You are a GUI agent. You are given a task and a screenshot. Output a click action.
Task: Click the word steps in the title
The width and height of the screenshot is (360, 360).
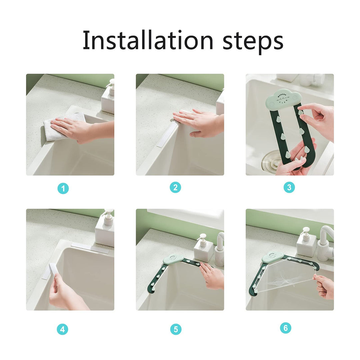click(x=253, y=42)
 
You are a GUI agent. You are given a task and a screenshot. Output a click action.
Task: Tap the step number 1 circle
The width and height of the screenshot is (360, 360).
click(x=63, y=189)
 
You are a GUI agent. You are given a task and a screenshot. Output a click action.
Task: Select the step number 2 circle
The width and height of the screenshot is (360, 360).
click(x=175, y=188)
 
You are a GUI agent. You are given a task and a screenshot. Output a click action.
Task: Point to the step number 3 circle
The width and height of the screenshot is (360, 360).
click(x=289, y=188)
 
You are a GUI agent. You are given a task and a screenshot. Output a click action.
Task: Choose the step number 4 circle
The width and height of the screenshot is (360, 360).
click(x=62, y=330)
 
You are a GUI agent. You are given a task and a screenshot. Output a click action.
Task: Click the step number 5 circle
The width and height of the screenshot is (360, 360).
click(x=176, y=330)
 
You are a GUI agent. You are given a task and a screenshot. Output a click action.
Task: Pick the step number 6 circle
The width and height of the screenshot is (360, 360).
click(x=285, y=328)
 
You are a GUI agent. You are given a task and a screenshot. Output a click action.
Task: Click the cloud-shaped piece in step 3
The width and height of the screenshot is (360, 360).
click(x=283, y=99)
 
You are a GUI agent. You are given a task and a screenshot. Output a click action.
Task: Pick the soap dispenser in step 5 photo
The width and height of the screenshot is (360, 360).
click(x=203, y=248)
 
